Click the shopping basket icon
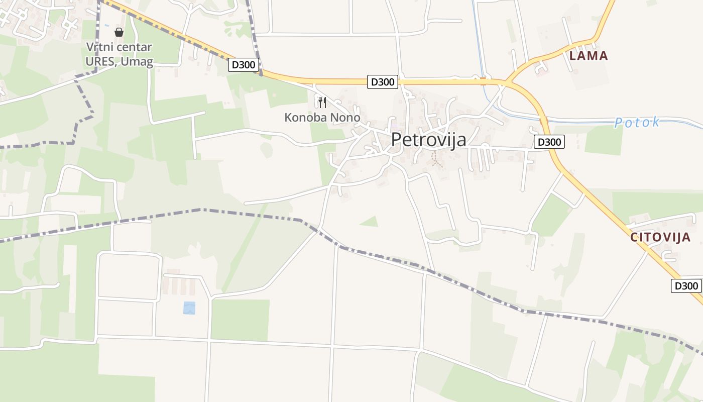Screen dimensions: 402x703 tap(119, 32)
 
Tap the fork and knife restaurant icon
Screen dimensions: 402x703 tap(322, 103)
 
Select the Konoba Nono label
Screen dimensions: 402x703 tap(322, 118)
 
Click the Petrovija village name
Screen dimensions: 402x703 tap(428, 140)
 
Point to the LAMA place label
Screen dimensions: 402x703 tap(589, 56)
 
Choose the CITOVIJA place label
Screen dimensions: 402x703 tap(661, 238)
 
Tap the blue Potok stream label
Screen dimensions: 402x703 tap(637, 123)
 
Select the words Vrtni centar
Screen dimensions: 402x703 tap(119, 48)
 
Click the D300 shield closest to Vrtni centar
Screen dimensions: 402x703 tap(244, 64)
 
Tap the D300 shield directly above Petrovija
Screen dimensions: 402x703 tap(383, 82)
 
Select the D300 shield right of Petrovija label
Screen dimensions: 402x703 tap(549, 142)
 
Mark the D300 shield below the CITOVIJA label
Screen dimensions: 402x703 tap(686, 286)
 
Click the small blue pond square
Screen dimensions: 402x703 tap(189, 308)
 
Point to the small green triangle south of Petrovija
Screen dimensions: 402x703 tap(370, 221)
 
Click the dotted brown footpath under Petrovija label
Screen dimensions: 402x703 tap(436, 160)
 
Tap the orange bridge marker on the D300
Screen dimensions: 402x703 tap(484, 79)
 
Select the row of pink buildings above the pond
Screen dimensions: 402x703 tap(179, 286)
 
